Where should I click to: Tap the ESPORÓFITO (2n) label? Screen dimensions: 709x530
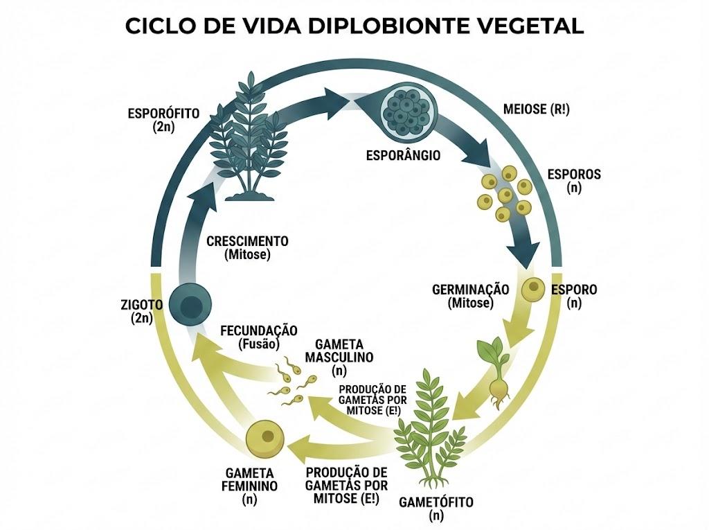163,119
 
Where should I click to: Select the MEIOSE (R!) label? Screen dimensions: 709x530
537,109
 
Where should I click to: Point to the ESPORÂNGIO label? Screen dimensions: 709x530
403,155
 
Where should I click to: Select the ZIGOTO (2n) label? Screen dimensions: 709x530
141,311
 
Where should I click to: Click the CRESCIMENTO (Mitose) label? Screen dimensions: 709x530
247,247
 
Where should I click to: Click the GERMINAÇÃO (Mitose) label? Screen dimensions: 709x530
471,296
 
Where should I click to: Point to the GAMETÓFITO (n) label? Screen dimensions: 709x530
436,509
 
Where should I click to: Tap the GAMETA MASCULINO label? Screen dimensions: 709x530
339,357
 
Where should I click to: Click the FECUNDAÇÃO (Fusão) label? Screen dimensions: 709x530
259,337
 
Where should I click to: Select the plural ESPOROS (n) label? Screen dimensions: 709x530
574,181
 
